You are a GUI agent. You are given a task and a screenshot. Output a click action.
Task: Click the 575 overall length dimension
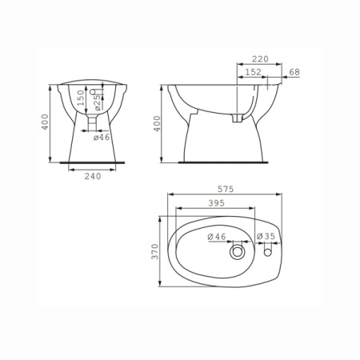[x=226, y=189]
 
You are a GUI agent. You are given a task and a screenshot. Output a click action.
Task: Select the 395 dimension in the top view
[x=216, y=203]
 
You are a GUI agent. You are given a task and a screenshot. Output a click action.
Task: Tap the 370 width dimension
[x=155, y=251]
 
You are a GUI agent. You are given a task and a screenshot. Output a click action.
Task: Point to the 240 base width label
[x=93, y=176]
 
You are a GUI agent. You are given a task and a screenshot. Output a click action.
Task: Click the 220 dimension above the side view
[x=260, y=59]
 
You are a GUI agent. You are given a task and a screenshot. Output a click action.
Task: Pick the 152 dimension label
[x=253, y=72]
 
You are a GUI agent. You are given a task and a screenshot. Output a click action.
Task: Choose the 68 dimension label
[x=294, y=72]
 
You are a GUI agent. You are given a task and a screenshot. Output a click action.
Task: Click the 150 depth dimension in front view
[x=81, y=98]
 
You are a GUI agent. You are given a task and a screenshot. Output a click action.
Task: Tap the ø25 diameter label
[x=98, y=102]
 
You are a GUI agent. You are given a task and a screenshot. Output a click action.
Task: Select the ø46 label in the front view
[x=102, y=138]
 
